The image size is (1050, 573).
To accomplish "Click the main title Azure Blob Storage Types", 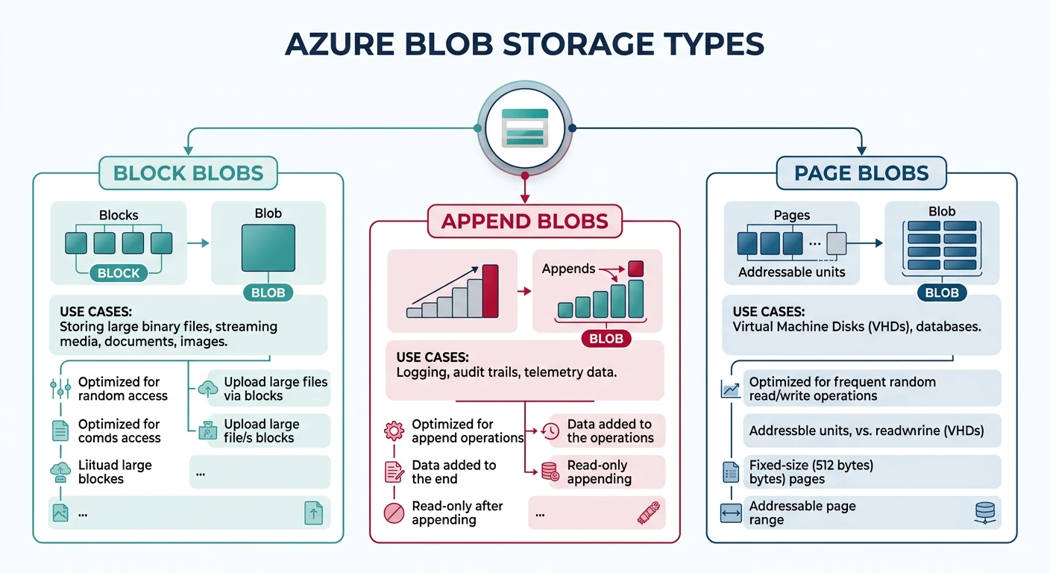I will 524,44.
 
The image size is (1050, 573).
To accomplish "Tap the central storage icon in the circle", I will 525,128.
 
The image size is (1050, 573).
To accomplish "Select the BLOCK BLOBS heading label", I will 188,173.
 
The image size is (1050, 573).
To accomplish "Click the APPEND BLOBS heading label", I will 524,221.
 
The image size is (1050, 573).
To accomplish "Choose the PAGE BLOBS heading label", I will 861,173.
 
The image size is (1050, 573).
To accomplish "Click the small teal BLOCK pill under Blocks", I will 119,273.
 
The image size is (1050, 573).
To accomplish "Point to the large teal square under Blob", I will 268,247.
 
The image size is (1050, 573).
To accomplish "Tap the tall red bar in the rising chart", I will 490,292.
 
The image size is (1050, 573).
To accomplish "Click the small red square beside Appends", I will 635,269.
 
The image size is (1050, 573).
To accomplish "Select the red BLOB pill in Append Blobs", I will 606,339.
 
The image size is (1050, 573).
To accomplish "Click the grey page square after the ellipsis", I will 837,243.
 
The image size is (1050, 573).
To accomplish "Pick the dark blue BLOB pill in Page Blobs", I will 941,292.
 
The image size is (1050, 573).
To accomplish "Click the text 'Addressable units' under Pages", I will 791,272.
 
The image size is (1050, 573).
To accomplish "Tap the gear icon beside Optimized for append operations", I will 393,430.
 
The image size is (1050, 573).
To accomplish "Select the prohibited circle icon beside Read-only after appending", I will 393,513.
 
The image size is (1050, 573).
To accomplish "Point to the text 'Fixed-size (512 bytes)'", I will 811,465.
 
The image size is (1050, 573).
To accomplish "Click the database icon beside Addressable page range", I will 985,512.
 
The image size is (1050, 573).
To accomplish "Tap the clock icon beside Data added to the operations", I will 550,430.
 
